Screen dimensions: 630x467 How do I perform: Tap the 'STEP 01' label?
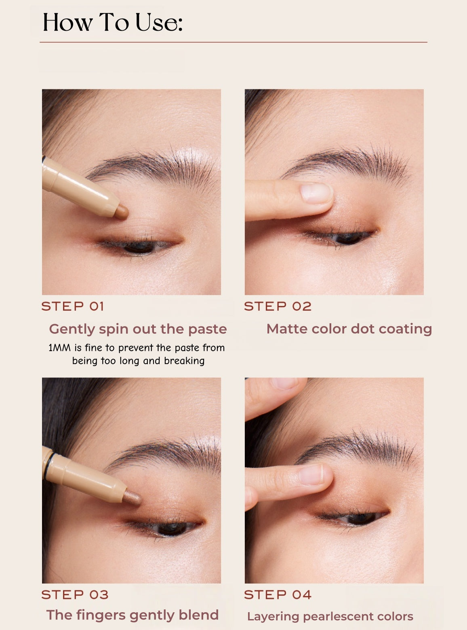coord(73,306)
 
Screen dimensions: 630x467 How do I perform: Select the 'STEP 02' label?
coord(278,306)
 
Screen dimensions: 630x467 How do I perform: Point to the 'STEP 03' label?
coord(75,595)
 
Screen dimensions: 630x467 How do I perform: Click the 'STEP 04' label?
coord(278,595)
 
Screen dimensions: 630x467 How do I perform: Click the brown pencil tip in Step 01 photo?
coord(121,212)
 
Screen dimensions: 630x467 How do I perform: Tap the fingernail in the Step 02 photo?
coord(316,193)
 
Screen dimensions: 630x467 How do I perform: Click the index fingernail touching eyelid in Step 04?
coord(311,474)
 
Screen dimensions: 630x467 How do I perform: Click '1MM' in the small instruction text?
coord(59,348)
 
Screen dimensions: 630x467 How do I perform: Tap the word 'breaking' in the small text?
coord(184,361)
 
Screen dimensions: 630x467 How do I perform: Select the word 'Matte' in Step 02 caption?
coord(283,329)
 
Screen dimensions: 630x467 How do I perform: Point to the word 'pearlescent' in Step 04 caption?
coord(338,617)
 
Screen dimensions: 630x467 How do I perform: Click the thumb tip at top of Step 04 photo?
coord(285,384)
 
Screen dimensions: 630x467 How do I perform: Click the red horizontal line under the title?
coord(233,42)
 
